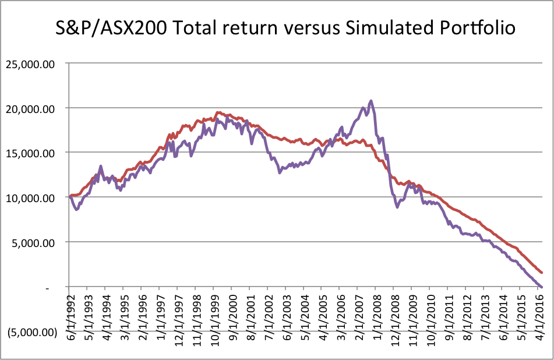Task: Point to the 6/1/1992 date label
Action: click(x=69, y=320)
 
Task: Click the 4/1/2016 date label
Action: click(x=540, y=320)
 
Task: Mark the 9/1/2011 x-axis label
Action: click(x=447, y=320)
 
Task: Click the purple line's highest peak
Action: click(x=371, y=101)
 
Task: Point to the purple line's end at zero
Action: click(x=542, y=287)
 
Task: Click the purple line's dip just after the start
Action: click(x=76, y=209)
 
